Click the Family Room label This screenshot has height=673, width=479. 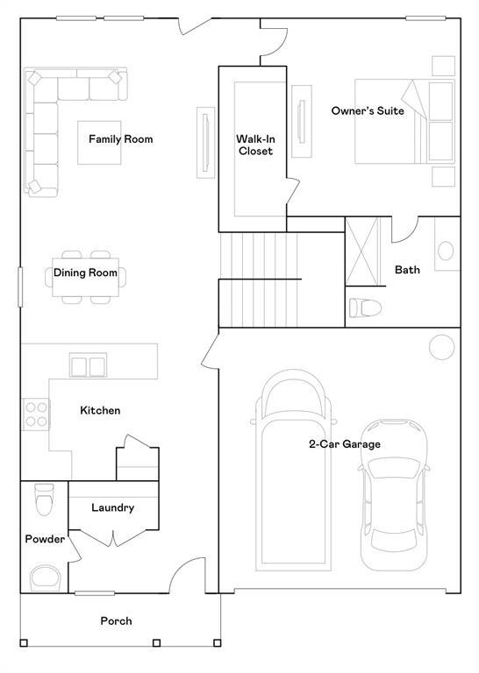pos(120,139)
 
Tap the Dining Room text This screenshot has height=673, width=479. pos(85,273)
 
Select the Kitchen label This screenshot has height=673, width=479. pos(100,411)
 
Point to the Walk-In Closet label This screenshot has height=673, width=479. pos(255,145)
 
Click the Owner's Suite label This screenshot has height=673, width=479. pos(368,111)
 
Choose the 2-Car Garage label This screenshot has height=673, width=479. pos(344,444)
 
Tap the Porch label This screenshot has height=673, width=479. pos(116,620)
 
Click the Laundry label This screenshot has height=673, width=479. pos(112,507)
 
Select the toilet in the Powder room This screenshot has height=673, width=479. pos(42,500)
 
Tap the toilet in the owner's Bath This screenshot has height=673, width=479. pos(363,308)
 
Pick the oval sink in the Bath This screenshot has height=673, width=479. pos(447,251)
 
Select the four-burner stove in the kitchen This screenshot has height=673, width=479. pos(35,413)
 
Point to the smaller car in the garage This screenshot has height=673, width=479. pos(395,495)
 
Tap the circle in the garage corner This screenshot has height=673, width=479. pos(441,347)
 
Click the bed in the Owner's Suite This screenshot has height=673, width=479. pos(404,121)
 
